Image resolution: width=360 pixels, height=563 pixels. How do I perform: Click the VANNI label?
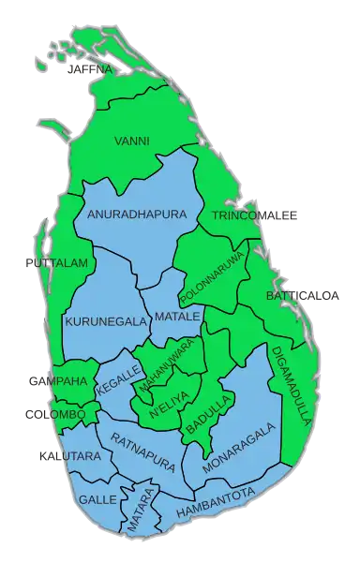(131, 141)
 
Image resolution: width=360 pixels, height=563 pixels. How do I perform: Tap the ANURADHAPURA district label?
(137, 215)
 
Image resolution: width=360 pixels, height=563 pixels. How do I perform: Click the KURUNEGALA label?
(106, 321)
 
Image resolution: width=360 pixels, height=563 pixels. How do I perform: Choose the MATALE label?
(177, 317)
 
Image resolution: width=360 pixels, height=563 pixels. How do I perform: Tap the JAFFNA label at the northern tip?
(90, 69)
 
